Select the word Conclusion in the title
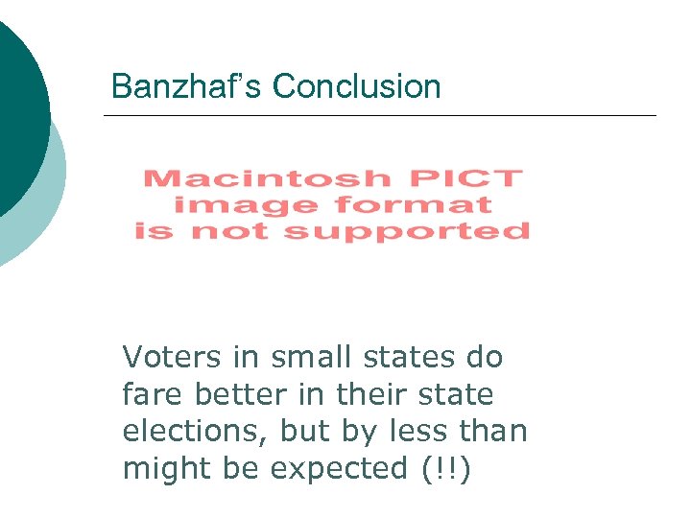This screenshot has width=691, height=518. point(356,86)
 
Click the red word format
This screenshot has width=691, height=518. point(413,204)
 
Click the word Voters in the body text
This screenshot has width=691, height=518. point(169,358)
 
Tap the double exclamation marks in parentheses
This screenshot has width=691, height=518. point(446,469)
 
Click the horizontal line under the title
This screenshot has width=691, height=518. point(379,116)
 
